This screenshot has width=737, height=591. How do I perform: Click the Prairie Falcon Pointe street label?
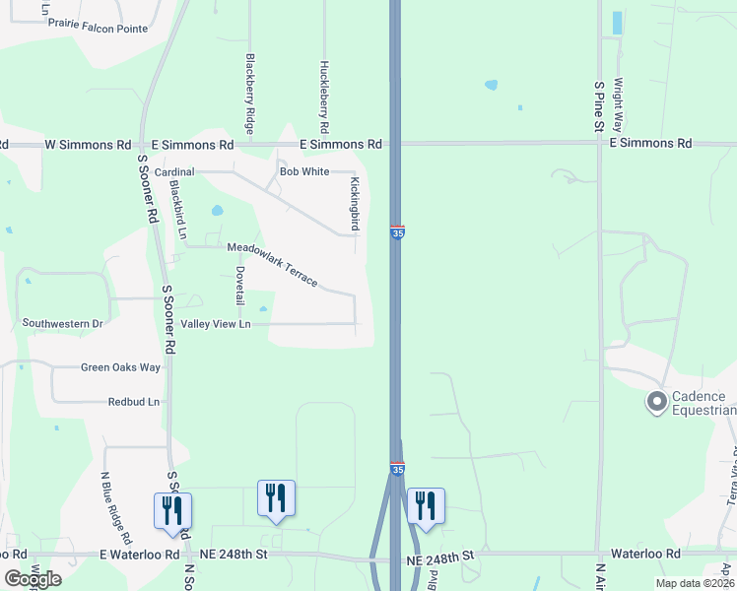[98, 29]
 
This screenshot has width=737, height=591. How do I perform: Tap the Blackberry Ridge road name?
[250, 94]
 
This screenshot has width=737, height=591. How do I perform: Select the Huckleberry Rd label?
[323, 98]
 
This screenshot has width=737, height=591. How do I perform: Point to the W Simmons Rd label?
[88, 145]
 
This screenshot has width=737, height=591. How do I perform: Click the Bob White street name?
[304, 171]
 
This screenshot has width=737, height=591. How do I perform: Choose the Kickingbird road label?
[355, 204]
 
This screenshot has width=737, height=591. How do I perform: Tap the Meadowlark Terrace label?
[273, 264]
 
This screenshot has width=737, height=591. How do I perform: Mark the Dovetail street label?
[239, 285]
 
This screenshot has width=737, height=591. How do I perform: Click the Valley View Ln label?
[216, 324]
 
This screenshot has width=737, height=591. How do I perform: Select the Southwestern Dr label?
[63, 323]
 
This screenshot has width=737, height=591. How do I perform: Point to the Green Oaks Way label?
[120, 368]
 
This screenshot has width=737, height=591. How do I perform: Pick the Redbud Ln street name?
[133, 402]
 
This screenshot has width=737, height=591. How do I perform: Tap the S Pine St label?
[598, 107]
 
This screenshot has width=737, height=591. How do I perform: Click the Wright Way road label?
[619, 106]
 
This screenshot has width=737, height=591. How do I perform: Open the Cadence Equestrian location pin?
[657, 402]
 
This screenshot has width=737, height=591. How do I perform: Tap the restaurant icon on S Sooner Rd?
[173, 511]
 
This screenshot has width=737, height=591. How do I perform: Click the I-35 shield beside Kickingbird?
[397, 232]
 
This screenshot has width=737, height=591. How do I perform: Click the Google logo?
[33, 579]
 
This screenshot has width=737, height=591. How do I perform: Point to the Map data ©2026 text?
[694, 583]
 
